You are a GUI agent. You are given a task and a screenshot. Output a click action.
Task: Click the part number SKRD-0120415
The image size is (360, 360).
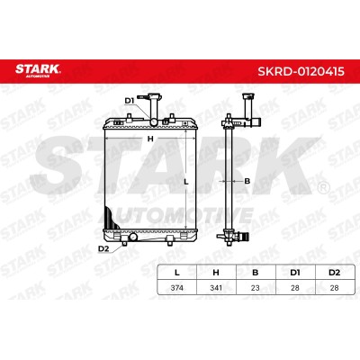pos(301,71)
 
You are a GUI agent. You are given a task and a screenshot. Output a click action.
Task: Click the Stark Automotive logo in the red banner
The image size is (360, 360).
pos(38,70)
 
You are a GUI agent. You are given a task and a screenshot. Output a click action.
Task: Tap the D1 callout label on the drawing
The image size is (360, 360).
pos(130,101)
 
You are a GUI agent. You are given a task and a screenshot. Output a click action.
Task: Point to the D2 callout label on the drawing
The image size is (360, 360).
pos(103,248)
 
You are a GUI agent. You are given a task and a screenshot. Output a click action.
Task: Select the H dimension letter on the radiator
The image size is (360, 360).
pos(150,139)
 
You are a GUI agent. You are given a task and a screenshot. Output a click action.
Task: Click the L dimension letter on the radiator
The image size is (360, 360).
pos(186,182)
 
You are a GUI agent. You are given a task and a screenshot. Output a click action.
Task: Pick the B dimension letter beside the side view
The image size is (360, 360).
pos(247,181)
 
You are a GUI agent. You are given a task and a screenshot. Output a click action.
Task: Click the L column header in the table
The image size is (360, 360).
pos(177,273)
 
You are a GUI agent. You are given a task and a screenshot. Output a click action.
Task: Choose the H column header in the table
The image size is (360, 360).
pos(216,273)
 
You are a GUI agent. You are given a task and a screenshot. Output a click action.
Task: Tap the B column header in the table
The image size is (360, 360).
pos(256,273)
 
